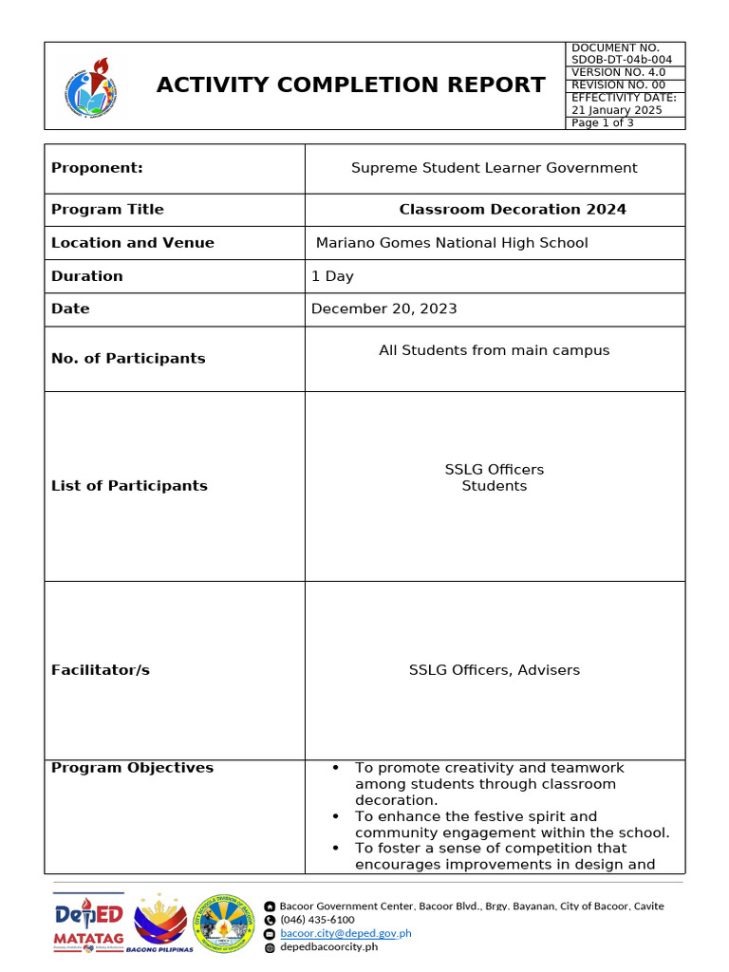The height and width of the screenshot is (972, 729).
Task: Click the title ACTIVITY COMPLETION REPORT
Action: click(350, 85)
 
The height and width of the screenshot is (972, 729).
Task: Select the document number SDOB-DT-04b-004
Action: click(621, 60)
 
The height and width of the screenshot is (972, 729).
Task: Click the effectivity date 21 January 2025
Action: click(617, 110)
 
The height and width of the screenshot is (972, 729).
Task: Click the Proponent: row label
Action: click(97, 168)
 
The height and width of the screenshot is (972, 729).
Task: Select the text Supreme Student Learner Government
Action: click(494, 168)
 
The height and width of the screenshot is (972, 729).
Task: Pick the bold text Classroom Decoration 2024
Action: click(512, 210)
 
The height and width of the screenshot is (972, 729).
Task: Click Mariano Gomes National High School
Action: click(451, 243)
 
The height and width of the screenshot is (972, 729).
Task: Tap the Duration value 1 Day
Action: click(332, 276)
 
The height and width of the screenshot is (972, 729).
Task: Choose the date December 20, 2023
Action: click(383, 308)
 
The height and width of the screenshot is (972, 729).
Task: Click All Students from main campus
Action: click(494, 350)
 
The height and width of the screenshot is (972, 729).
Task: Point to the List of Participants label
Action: click(129, 486)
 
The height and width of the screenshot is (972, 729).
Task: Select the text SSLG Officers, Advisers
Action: click(494, 670)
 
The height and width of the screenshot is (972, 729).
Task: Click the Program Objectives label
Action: click(132, 768)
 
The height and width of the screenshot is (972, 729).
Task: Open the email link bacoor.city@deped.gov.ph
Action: click(346, 933)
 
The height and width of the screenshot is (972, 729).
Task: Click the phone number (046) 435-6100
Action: click(317, 920)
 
